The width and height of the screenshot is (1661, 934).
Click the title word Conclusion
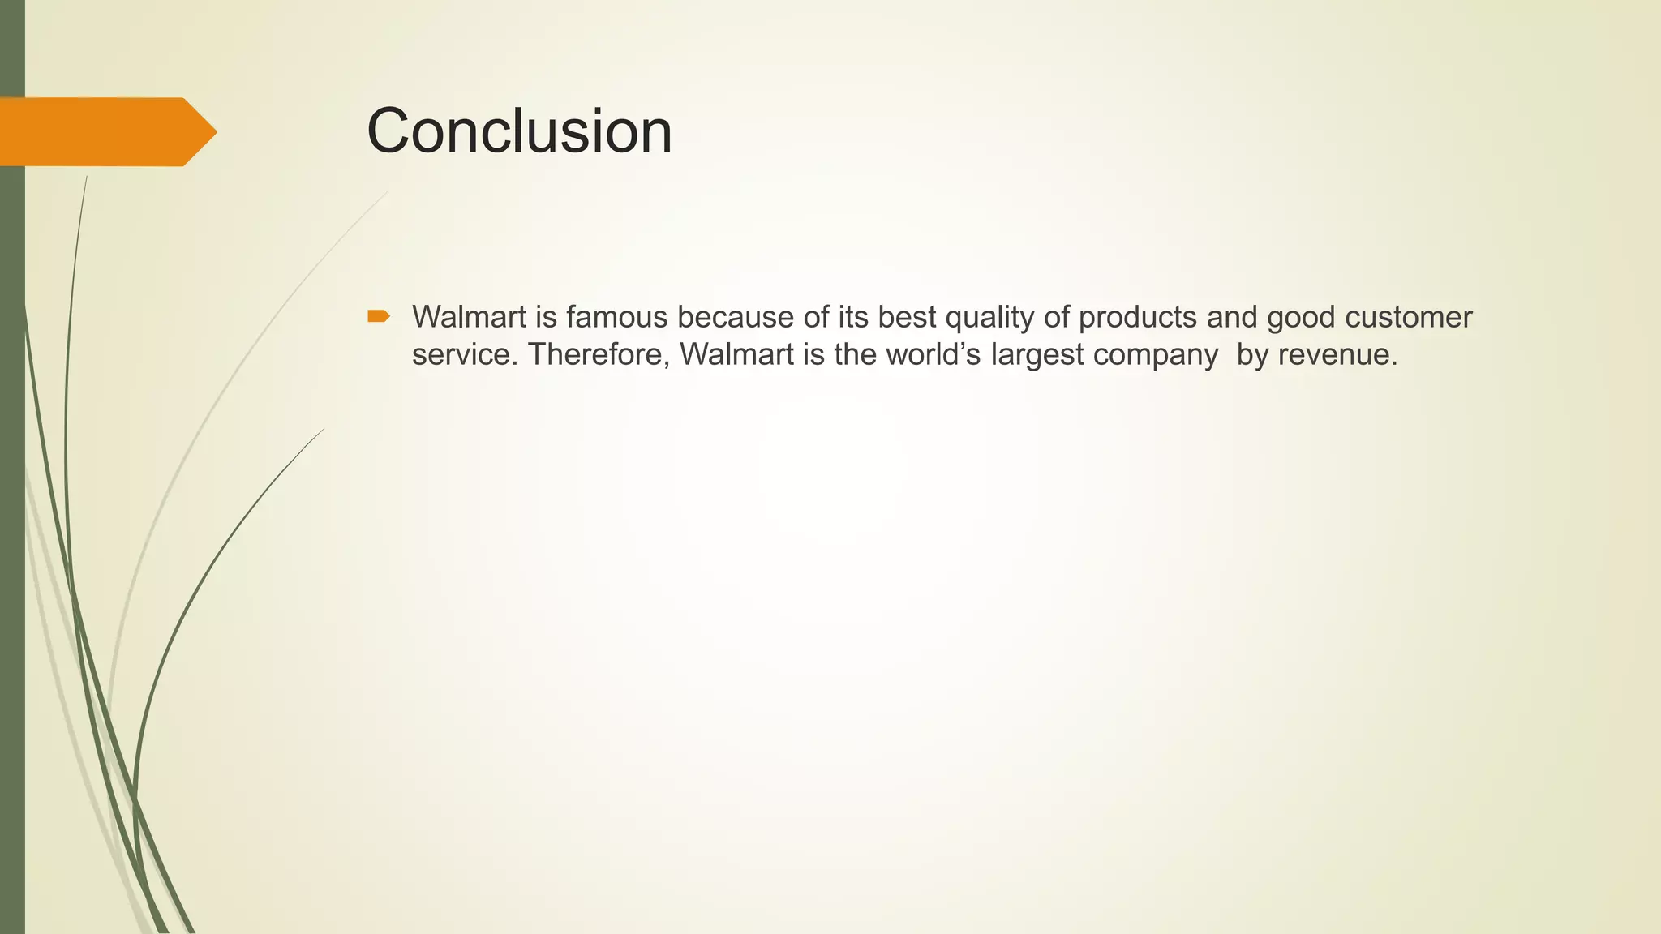[x=519, y=131]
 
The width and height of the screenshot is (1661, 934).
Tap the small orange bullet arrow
[x=378, y=316]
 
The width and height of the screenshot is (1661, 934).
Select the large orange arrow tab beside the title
[x=105, y=131]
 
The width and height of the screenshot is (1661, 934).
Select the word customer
[x=1408, y=317]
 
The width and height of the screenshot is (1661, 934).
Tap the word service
[x=461, y=355]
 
